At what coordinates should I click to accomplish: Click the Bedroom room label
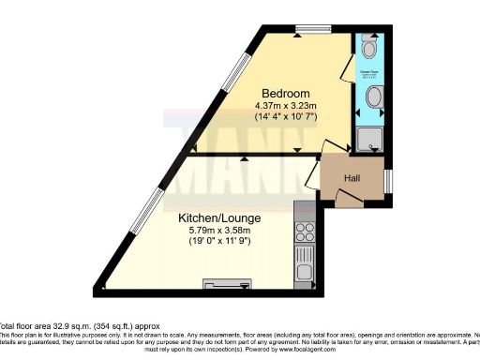pos(286,93)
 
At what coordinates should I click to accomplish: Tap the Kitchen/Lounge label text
pos(219,217)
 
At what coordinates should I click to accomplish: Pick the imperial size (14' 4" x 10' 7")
pos(286,117)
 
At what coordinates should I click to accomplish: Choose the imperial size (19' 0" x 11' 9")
pos(219,242)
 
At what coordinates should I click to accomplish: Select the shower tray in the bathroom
pos(370,139)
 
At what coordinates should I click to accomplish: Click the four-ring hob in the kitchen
pos(305,227)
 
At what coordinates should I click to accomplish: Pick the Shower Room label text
pos(371,67)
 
